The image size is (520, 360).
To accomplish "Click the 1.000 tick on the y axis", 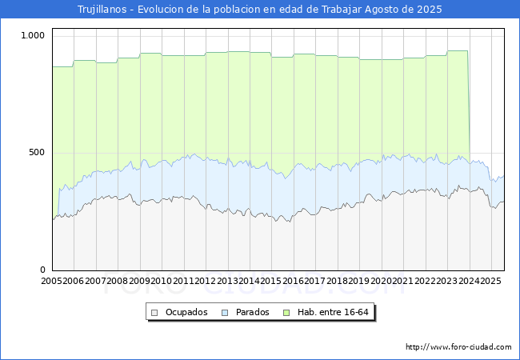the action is coord(33,35).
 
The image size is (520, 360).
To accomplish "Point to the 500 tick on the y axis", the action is coord(37,153).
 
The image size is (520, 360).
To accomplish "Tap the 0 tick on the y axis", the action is coord(42,270).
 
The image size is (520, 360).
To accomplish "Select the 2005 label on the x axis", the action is coord(51,281).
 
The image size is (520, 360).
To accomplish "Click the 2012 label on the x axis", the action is coord(206,281).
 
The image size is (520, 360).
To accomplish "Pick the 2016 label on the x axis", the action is coord(293,281).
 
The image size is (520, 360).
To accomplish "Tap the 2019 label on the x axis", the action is coord(359,281).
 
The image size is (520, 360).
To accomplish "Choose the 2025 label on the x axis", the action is coord(491,281).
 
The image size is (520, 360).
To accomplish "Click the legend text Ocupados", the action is coord(186,312).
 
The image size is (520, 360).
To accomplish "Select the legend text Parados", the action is coord(252,312).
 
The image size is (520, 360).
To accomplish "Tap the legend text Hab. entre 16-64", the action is coord(333,312).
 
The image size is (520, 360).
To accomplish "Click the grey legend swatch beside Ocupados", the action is coord(154,313).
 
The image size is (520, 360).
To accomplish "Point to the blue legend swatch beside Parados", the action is coord(225,313).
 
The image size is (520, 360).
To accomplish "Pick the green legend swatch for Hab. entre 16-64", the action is coord(286,313).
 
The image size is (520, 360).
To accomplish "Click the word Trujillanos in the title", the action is coord(102,10).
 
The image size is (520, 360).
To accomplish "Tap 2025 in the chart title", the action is coord(430,10).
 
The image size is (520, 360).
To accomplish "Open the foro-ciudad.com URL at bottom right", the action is coord(458,347).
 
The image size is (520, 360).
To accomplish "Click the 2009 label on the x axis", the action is coord(139,281).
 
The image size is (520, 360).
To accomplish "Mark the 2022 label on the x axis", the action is coord(425,281).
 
